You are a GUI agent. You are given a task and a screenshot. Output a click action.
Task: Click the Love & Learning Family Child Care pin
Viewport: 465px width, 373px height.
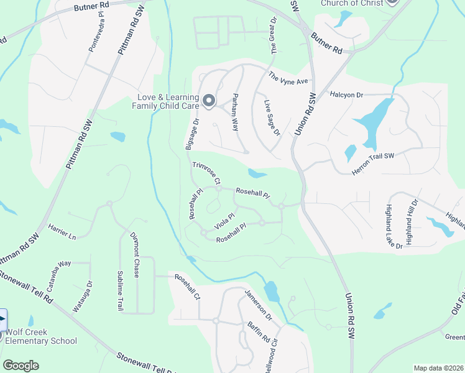point(209,99)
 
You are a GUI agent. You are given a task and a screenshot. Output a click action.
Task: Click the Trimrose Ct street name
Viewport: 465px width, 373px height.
point(206,173)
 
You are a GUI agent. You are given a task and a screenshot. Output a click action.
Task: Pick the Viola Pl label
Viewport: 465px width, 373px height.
point(223,221)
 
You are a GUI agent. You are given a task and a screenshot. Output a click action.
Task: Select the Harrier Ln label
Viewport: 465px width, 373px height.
point(62,233)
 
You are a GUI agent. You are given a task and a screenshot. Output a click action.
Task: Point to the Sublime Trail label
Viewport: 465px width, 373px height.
point(120,291)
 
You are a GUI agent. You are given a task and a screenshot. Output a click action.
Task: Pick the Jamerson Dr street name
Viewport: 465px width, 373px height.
point(258,304)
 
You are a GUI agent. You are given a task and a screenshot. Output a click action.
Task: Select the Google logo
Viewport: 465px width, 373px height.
point(21,366)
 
